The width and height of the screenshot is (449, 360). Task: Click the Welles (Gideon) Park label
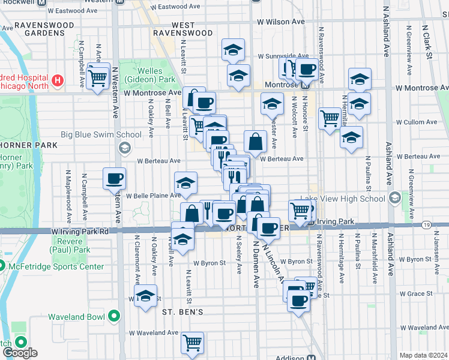tap(142, 75)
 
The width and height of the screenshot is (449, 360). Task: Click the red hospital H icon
tap(58, 79)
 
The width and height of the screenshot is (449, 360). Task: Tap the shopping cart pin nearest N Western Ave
tap(98, 76)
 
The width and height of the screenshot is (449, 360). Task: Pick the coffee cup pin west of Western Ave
tap(114, 178)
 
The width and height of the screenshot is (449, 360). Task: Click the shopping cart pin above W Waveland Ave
tap(193, 343)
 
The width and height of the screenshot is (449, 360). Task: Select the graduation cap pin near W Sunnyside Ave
tap(233, 50)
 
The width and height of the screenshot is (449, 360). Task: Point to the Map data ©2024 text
tap(423, 355)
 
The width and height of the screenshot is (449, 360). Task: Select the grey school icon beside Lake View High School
tap(394, 198)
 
